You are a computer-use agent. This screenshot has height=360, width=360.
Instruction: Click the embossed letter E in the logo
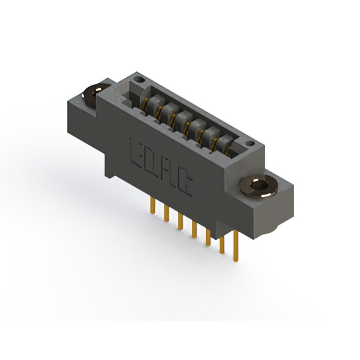(136, 152)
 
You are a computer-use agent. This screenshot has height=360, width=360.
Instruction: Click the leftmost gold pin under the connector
(152, 205)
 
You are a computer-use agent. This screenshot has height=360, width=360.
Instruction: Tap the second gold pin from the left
(166, 214)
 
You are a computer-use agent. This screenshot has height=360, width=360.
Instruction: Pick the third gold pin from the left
(181, 222)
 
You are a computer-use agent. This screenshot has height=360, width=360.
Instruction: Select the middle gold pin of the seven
(194, 229)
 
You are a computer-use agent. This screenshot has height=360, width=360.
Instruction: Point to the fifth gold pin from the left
(208, 237)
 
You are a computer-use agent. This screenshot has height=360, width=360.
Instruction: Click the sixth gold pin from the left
(222, 245)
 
